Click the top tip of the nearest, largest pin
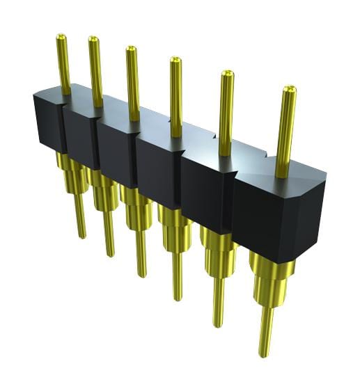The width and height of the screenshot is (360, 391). coord(288,89)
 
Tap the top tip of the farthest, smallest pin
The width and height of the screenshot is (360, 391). coord(61,36)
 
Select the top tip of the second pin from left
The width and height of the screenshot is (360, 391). coord(93,40)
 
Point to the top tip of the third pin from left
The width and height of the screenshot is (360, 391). coord(130,49)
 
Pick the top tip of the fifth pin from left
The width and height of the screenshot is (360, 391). coord(227,73)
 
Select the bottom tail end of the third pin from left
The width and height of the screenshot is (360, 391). coord(142,273)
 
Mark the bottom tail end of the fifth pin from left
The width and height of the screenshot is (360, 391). coord(219,323)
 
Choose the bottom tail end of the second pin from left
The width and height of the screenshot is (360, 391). coord(109,253)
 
